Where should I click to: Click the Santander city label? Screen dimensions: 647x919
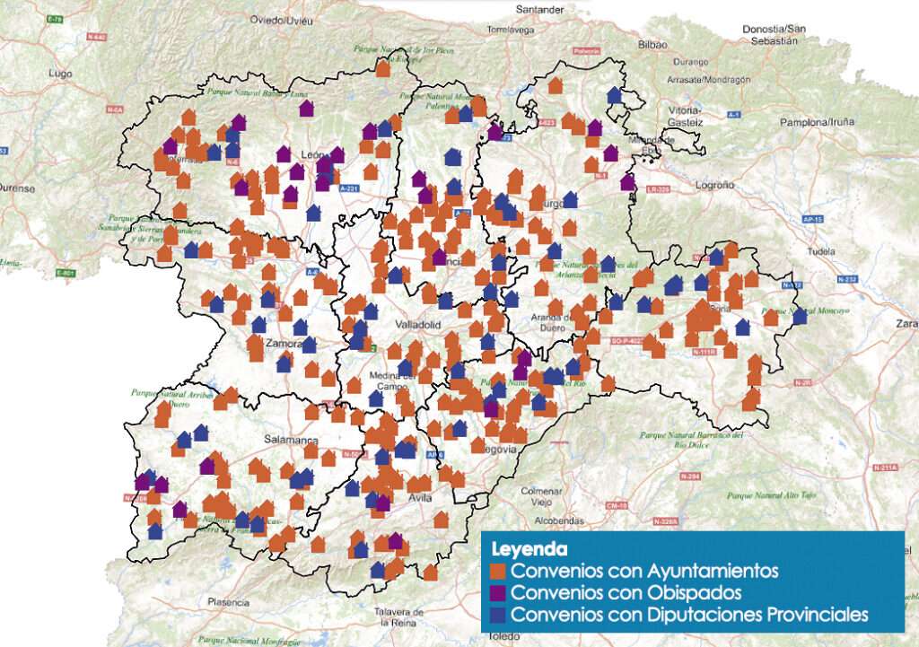point(540,10)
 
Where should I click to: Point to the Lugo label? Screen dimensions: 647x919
point(61,73)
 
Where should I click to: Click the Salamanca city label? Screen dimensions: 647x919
point(291,440)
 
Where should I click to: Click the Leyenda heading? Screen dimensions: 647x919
point(528,547)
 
